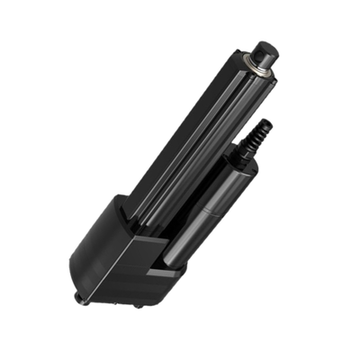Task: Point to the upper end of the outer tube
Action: tap(247, 67)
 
